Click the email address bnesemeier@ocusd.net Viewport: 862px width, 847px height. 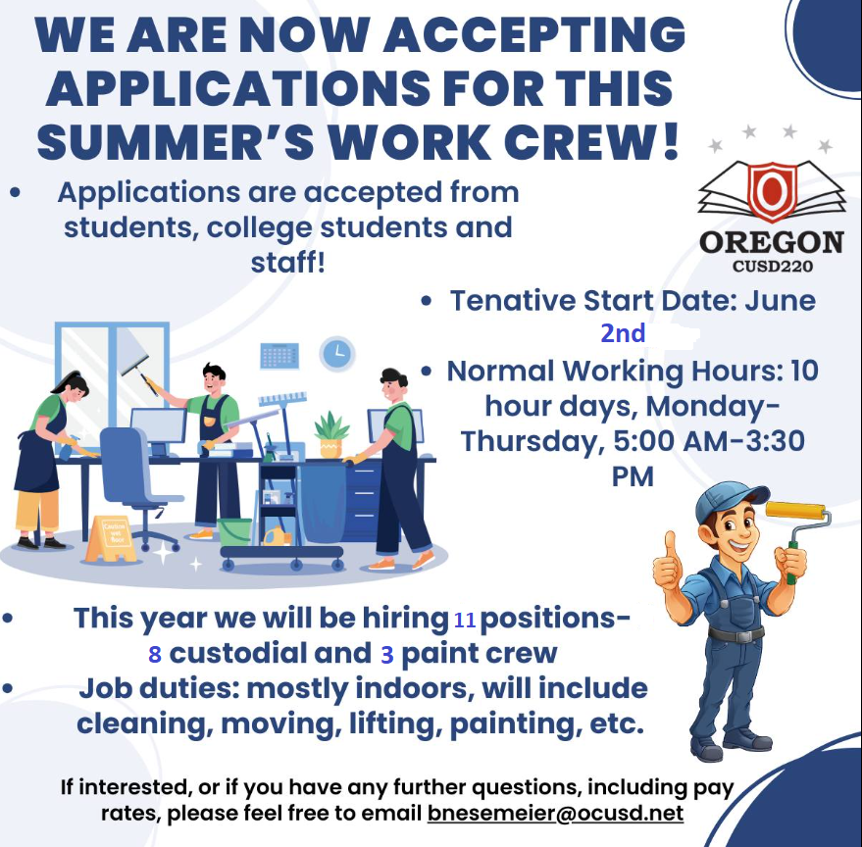click(555, 813)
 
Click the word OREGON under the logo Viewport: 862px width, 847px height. click(772, 242)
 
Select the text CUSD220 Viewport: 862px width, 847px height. click(773, 267)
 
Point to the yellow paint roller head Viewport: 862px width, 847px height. click(795, 511)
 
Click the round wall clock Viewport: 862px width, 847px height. click(337, 353)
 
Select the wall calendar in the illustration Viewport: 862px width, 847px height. click(279, 356)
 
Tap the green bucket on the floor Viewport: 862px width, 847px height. click(234, 531)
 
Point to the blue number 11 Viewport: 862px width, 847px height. click(465, 620)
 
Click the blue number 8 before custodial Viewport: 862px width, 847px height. click(155, 654)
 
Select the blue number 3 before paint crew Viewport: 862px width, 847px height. click(387, 655)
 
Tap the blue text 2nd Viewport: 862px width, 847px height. click(623, 333)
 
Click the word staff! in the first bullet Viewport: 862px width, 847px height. click(288, 262)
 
